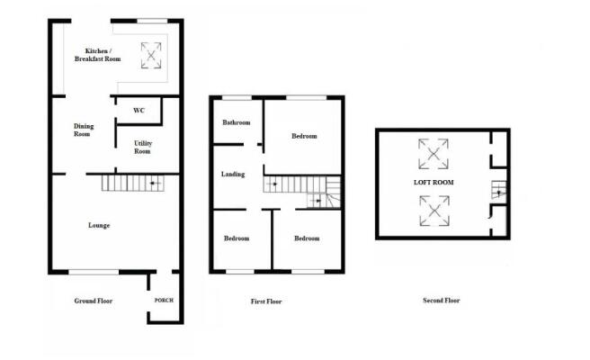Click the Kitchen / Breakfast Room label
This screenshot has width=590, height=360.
[103, 55]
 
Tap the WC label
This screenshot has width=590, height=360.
[139, 111]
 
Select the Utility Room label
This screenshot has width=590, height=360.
[143, 148]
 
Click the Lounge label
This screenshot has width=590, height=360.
[99, 225]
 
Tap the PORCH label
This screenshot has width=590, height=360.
[164, 300]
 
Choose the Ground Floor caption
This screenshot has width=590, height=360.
[92, 300]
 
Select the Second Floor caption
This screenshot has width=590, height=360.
[441, 301]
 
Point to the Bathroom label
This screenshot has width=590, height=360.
[237, 122]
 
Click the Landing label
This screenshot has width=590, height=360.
[233, 174]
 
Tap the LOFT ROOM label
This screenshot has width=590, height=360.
[434, 182]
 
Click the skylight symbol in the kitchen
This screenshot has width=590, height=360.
[151, 56]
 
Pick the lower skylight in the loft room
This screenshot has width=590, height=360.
[434, 211]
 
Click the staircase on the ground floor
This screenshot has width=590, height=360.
[132, 183]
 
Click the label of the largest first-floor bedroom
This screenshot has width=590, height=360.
[304, 136]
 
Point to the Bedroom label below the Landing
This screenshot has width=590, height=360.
[237, 238]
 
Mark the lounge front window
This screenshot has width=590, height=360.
[94, 271]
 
